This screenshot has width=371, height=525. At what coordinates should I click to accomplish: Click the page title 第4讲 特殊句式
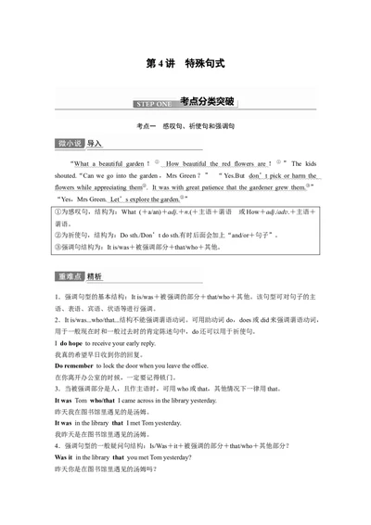pos(185,64)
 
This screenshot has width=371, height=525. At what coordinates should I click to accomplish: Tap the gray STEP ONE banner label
pos(151,103)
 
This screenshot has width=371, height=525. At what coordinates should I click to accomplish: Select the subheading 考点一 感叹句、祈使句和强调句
pos(185,124)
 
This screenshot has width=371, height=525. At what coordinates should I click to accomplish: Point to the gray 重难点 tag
pos(70,276)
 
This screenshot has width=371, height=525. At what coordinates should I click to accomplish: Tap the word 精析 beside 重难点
pos(96,276)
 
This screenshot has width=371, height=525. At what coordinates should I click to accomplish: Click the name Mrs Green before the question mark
pos(189,174)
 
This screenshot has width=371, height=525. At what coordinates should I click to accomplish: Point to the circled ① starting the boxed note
pos(58,211)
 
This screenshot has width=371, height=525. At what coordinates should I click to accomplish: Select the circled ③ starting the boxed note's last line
pos(58,247)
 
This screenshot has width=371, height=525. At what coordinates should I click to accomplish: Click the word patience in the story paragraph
pos(176,186)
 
